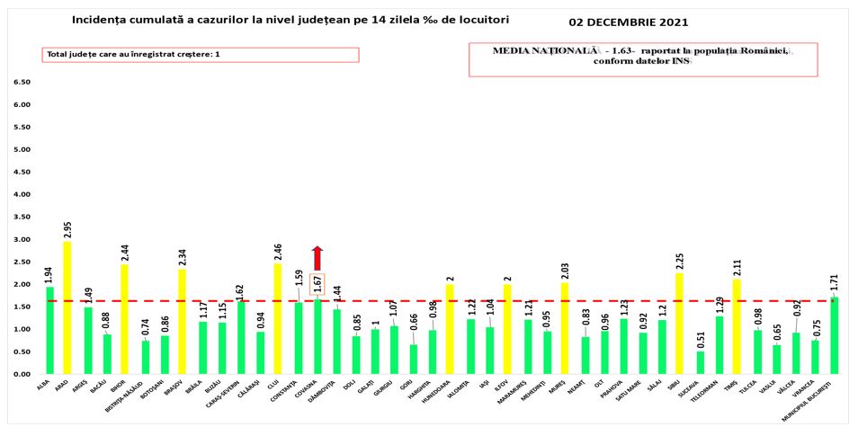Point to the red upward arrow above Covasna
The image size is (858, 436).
click(x=317, y=257)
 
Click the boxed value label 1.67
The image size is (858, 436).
click(x=317, y=284)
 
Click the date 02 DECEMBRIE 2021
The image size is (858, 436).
click(x=636, y=21)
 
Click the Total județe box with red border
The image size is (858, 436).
click(x=201, y=55)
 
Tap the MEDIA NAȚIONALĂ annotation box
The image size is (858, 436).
click(x=643, y=57)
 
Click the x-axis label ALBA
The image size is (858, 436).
click(x=45, y=384)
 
